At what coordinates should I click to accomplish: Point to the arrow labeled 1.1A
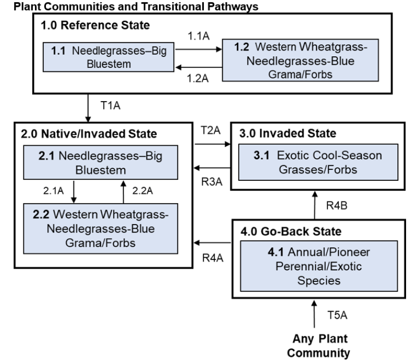coord(199,51)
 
